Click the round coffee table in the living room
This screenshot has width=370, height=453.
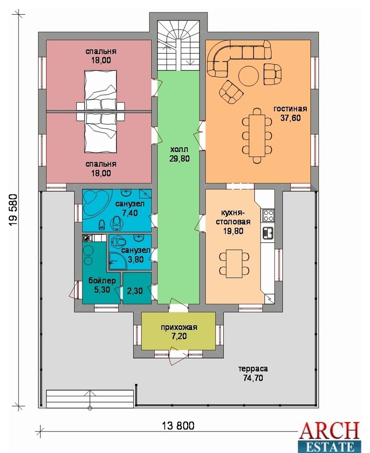248,76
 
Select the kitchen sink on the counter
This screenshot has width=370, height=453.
268,233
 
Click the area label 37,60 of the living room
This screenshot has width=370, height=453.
290,118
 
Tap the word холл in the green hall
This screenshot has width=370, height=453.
179,149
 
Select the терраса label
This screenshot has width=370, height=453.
253,369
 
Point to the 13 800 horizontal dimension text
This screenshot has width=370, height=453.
178,426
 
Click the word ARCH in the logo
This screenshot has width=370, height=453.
329,431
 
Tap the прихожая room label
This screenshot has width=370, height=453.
179,327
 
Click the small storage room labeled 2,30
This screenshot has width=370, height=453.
137,288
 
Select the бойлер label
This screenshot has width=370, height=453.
102,280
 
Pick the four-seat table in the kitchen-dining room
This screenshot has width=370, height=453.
234,264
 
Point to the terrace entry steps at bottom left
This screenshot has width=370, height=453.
90,398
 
